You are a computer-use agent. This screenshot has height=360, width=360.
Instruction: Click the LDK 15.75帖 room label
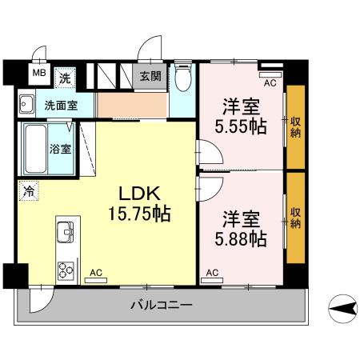click(141, 203)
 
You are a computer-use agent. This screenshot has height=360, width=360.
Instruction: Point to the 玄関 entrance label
click(150, 77)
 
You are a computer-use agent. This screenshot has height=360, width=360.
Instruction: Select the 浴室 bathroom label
click(60, 149)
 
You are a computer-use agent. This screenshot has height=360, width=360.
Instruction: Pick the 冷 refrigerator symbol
click(28, 191)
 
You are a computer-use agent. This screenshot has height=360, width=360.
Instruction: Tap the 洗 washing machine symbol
click(66, 78)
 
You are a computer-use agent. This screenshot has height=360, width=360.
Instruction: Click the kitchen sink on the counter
click(64, 234)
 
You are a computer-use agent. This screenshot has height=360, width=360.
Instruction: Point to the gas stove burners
click(64, 269)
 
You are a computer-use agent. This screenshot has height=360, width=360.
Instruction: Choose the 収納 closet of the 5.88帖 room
click(295, 216)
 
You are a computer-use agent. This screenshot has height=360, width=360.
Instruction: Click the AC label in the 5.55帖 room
click(270, 82)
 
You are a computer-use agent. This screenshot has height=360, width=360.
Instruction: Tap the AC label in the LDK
click(95, 272)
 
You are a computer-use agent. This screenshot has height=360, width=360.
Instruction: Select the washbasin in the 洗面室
click(26, 103)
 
